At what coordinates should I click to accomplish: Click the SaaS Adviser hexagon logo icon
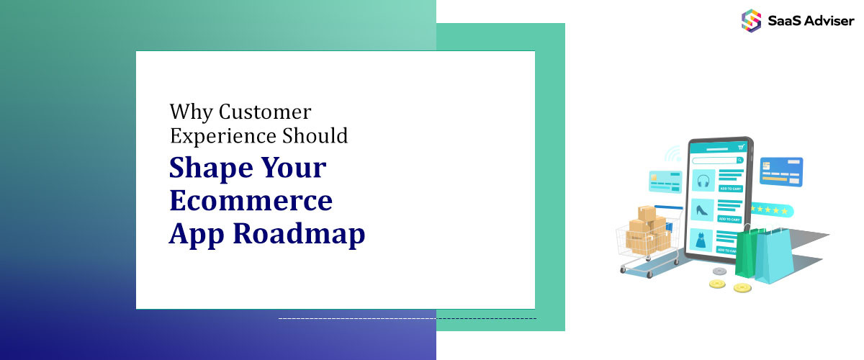click(x=751, y=20)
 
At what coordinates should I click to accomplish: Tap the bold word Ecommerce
click(x=251, y=200)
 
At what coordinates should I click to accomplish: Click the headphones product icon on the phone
click(x=702, y=181)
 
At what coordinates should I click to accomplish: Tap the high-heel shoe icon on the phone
click(x=702, y=211)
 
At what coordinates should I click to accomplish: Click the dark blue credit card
click(x=781, y=171)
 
